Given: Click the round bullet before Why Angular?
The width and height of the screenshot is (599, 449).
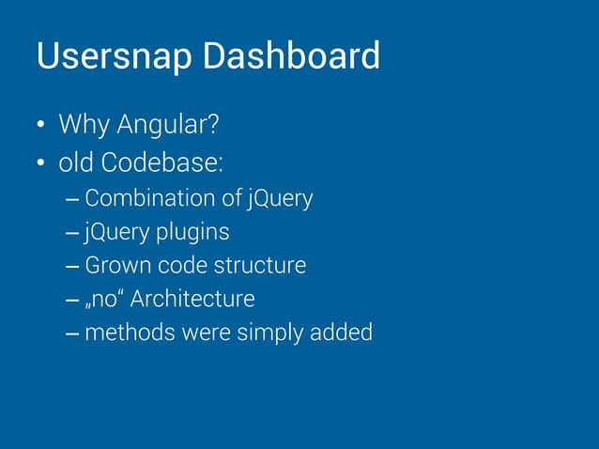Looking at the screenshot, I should (x=41, y=126).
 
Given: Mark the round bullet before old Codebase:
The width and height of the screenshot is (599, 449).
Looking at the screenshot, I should (x=41, y=165).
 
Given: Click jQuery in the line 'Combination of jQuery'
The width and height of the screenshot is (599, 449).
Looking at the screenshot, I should (x=280, y=199).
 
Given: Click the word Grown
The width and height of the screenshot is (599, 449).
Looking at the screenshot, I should (x=114, y=265).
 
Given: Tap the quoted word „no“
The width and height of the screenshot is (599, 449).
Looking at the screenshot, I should (x=104, y=299).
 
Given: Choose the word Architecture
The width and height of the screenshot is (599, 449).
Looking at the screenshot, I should (x=192, y=299).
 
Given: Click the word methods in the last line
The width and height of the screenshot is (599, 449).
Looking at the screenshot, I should (x=121, y=333).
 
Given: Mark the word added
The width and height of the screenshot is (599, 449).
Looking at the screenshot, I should (x=345, y=333).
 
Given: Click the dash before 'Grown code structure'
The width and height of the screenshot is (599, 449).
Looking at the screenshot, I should (x=73, y=267).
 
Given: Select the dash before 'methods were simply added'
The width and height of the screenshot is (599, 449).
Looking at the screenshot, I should (x=73, y=333).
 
